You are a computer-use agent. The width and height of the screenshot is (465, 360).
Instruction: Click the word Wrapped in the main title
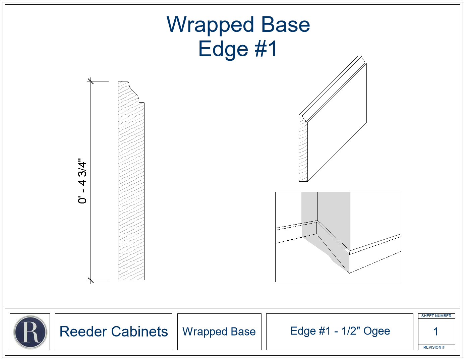pyautogui.click(x=210, y=25)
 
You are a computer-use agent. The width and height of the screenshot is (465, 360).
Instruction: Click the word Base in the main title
pyautogui.click(x=286, y=24)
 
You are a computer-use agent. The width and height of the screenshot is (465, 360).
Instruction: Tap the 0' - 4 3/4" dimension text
pyautogui.click(x=82, y=181)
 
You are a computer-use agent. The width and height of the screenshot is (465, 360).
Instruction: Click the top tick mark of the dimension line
pyautogui.click(x=91, y=81)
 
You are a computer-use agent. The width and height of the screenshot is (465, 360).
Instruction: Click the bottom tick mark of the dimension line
pyautogui.click(x=91, y=280)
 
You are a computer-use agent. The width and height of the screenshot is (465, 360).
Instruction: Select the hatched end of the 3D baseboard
pyautogui.click(x=303, y=149)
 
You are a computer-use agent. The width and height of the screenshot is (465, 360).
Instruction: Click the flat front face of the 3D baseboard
pyautogui.click(x=337, y=122)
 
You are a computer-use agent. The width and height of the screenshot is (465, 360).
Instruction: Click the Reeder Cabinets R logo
pyautogui.click(x=30, y=332)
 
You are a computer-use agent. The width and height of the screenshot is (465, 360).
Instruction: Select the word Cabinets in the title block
pyautogui.click(x=139, y=332)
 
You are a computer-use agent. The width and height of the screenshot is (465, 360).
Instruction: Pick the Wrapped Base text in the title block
pyautogui.click(x=219, y=332)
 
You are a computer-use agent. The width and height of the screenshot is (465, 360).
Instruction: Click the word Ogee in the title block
pyautogui.click(x=376, y=331)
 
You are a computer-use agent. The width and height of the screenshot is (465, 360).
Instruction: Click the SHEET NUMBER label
pyautogui.click(x=436, y=316)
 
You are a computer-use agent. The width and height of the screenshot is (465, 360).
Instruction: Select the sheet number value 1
pyautogui.click(x=436, y=331)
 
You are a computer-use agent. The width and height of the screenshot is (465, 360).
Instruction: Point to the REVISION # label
pyautogui.click(x=434, y=347)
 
